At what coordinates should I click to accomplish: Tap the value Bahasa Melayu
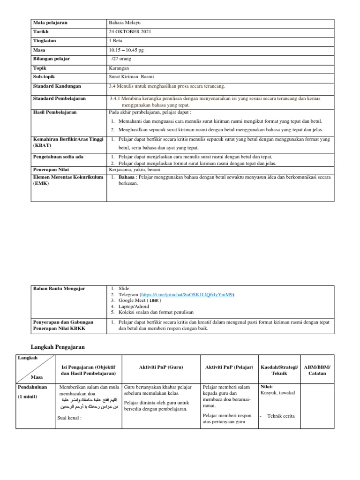[124, 22]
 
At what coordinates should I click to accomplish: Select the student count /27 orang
[122, 59]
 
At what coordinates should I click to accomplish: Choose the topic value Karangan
[119, 68]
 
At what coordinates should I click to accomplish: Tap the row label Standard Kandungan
[57, 86]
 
